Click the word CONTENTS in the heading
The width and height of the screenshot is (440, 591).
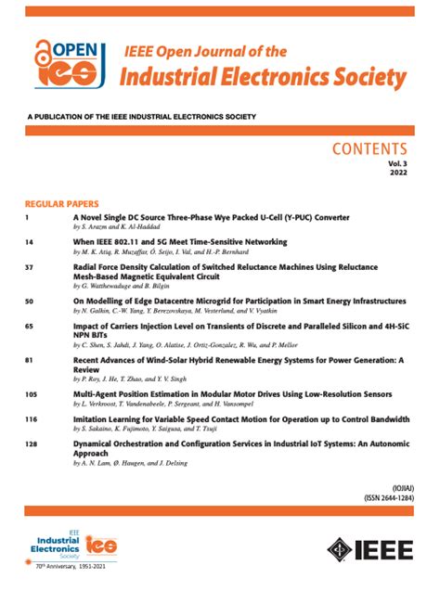(x=369, y=149)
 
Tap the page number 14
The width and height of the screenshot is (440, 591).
(x=31, y=241)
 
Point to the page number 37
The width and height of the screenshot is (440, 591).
(x=31, y=266)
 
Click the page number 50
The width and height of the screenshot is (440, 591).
(x=31, y=302)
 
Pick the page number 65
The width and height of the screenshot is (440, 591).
(x=31, y=327)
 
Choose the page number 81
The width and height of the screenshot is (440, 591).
(x=31, y=357)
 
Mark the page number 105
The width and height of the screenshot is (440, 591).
(x=32, y=393)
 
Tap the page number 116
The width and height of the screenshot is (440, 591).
(x=32, y=418)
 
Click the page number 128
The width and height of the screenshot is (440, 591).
(x=32, y=444)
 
